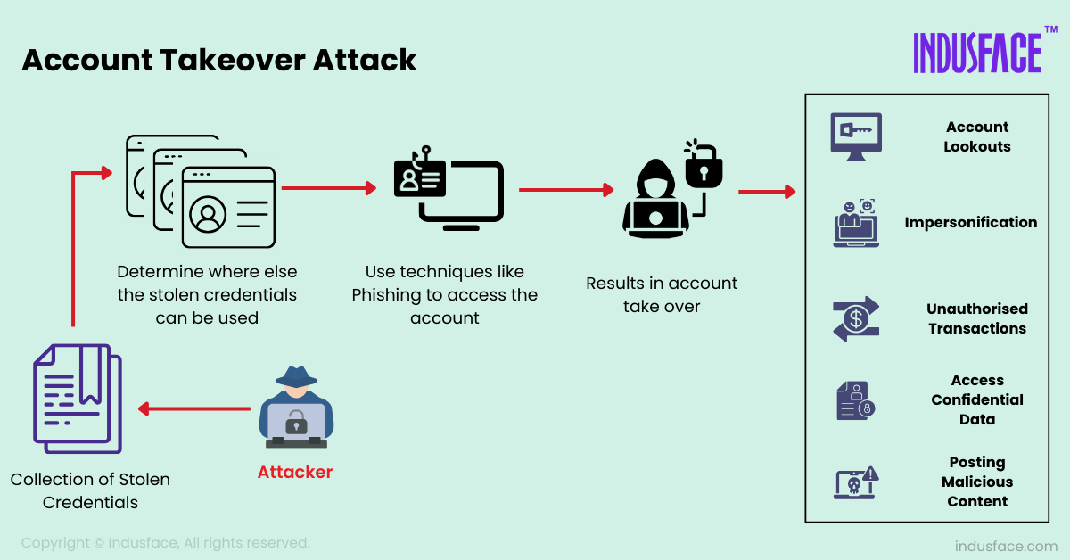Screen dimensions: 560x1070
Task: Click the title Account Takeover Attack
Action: [x=219, y=60]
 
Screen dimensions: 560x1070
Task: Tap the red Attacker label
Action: [x=294, y=472]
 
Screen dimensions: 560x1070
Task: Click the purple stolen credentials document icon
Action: [x=78, y=399]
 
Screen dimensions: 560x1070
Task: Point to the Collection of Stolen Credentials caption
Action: [x=90, y=490]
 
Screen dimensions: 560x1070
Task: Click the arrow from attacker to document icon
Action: [x=194, y=409]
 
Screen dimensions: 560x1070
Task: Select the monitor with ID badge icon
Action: [x=449, y=191]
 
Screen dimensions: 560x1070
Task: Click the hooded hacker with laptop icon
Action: [x=654, y=200]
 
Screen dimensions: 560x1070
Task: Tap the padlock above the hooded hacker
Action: [x=703, y=164]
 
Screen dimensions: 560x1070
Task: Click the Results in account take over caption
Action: [x=662, y=294]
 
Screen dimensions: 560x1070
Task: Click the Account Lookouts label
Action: [x=977, y=136]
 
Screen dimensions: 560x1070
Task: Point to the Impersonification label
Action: [x=970, y=222]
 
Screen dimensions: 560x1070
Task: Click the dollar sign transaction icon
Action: [x=856, y=318]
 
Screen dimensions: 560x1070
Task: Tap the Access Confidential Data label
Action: [x=977, y=399]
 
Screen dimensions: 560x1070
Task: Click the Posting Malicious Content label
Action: [x=977, y=482]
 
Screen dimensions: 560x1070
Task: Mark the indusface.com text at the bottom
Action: [x=1006, y=546]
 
